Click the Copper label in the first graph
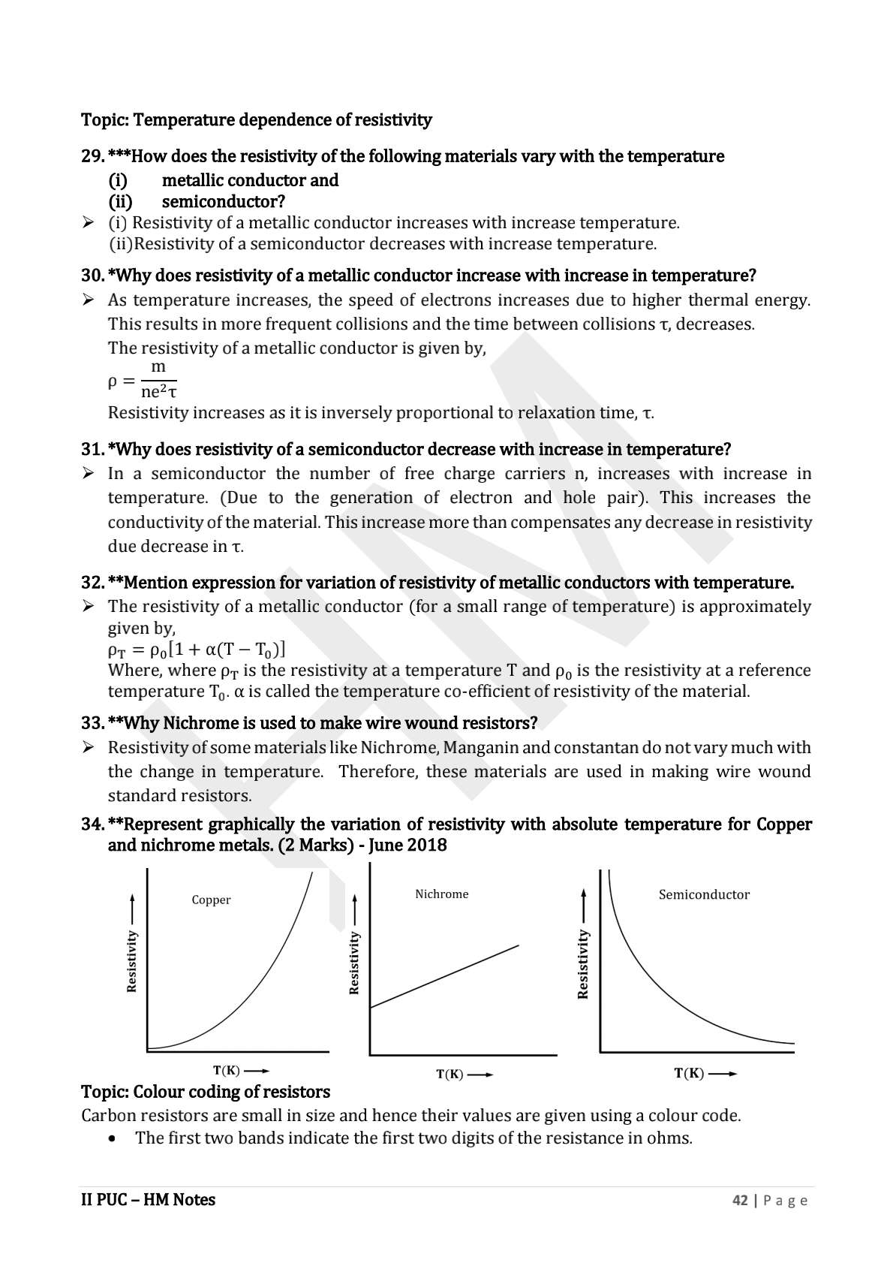(x=211, y=900)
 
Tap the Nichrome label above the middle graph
(x=441, y=894)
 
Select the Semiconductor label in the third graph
(x=704, y=894)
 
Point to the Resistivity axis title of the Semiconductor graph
(x=582, y=964)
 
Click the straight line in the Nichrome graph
(x=444, y=976)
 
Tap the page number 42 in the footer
(x=740, y=1200)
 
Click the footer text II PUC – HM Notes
(x=148, y=1200)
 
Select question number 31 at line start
(x=92, y=449)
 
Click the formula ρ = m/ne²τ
(x=143, y=379)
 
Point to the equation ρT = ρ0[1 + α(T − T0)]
(x=197, y=649)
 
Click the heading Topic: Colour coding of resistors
(x=205, y=1091)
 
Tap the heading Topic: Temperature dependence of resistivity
(x=256, y=119)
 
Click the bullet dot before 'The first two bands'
(x=113, y=1138)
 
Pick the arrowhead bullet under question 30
(x=88, y=300)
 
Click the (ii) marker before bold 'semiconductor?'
(x=121, y=201)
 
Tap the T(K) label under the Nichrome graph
(x=450, y=1075)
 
